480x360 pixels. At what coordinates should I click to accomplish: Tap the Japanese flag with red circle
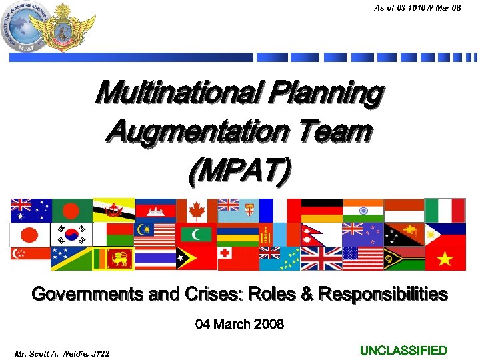click(29, 235)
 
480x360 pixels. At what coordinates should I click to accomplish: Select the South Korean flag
click(71, 235)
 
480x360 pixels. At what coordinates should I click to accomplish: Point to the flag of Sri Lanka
click(113, 259)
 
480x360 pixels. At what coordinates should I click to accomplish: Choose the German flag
click(321, 210)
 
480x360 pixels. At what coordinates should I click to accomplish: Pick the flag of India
click(363, 210)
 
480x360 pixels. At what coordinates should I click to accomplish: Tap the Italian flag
click(446, 210)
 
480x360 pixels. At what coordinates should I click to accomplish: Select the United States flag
click(363, 259)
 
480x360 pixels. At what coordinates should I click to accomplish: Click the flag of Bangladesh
click(71, 210)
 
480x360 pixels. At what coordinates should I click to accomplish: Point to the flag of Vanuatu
click(405, 259)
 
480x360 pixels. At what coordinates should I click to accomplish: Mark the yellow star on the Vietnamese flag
click(445, 259)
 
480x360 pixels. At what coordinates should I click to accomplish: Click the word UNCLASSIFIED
click(403, 351)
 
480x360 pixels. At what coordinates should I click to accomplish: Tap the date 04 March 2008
click(239, 325)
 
